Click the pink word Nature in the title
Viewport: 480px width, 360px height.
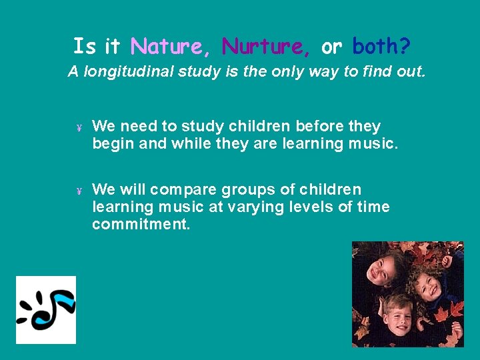tap(167, 47)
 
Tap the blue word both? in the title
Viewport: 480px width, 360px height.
tap(381, 47)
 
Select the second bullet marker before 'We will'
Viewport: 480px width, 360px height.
tap(79, 191)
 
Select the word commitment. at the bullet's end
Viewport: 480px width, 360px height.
tap(141, 225)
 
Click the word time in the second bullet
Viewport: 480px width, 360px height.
tap(373, 207)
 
